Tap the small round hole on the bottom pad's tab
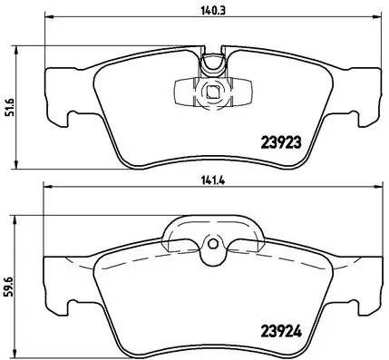pos(210,243)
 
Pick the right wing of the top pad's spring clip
pos(238,90)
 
